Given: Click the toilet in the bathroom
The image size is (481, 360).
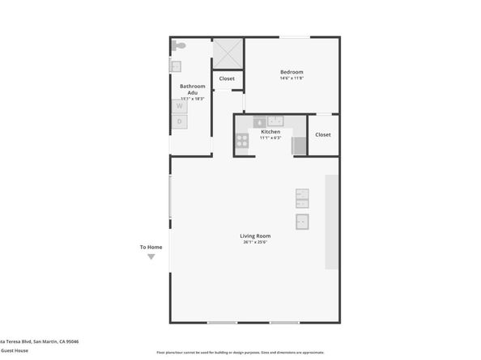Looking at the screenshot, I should tap(179, 46).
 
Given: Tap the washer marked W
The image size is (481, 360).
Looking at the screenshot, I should tap(179, 105).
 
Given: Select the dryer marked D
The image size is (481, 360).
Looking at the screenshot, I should tap(179, 121).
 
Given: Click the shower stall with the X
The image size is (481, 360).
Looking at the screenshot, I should tap(228, 53).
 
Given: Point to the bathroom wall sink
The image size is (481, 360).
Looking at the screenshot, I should tap(175, 66).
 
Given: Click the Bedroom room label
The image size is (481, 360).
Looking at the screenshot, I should tap(292, 72).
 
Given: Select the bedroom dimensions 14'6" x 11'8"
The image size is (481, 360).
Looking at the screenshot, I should tap(292, 78).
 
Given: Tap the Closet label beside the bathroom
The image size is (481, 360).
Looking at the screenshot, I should tap(228, 79).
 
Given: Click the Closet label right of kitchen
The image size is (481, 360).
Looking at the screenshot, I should tap(323, 134).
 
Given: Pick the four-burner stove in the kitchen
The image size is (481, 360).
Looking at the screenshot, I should tap(241, 141).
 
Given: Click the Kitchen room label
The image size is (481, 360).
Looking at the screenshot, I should tap(270, 131).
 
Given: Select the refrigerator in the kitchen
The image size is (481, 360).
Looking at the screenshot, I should tap(299, 146).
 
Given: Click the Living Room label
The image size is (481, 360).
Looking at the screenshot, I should tap(255, 235).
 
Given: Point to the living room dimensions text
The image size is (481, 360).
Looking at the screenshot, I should tap(255, 242).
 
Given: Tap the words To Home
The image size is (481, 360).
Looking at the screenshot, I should tap(151, 247).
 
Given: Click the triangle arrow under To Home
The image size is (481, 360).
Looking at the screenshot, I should tap(151, 257).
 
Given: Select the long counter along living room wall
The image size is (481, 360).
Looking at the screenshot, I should tap(331, 222).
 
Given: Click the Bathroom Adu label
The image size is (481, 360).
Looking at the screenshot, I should tap(193, 89).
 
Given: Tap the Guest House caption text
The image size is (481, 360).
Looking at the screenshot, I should tap(15, 350).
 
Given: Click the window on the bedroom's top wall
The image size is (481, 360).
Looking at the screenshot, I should tap(294, 37).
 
